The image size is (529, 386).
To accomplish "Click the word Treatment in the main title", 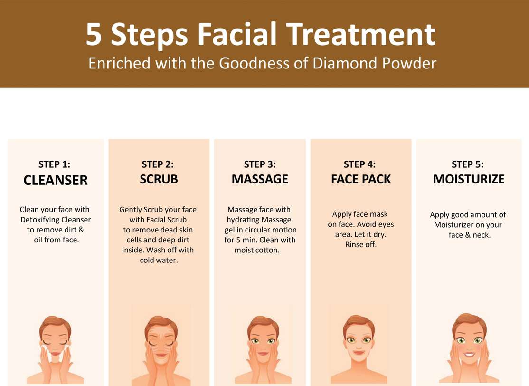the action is tap(361, 34).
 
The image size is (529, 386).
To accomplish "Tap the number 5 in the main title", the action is tap(94, 34).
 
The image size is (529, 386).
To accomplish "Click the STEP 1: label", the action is tap(54, 164).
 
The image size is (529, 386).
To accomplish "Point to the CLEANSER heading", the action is tap(56, 180).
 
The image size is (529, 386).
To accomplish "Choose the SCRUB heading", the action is tap(159, 179).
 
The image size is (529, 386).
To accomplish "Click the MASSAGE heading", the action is tap(260, 179).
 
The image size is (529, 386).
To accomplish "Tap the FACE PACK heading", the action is tap(360, 179).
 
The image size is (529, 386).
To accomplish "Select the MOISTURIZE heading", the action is tap(469, 179).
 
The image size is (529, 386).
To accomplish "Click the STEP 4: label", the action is tap(359, 164).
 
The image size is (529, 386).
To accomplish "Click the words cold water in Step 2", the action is tap(159, 260).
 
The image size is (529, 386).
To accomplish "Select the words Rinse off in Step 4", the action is tap(360, 244).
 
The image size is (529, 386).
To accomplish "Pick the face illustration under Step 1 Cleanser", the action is tap(55, 349).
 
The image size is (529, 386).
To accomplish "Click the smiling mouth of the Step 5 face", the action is tap(469, 355).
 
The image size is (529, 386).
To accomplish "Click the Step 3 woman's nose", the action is tap(263, 347).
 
